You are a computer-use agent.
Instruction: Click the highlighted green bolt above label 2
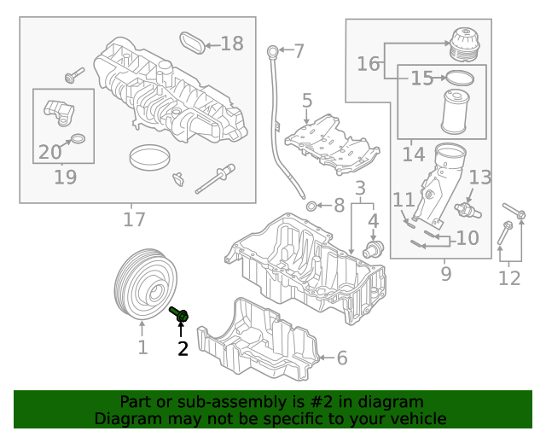click(179, 314)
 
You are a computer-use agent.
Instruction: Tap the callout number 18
click(231, 44)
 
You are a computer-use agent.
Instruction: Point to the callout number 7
click(299, 51)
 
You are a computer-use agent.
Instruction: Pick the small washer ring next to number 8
click(312, 206)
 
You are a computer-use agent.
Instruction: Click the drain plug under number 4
click(372, 250)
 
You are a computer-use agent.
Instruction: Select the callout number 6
click(341, 358)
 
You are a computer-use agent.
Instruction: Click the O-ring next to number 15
click(460, 79)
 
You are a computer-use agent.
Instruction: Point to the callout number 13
click(480, 178)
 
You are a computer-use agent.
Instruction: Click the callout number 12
click(508, 277)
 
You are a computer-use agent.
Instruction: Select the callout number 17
click(134, 219)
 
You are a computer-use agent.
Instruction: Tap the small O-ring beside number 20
click(78, 139)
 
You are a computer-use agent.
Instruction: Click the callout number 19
click(65, 178)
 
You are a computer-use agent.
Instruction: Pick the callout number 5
click(306, 101)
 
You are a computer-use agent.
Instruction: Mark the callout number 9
click(445, 273)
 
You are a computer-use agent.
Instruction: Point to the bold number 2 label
click(183, 347)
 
